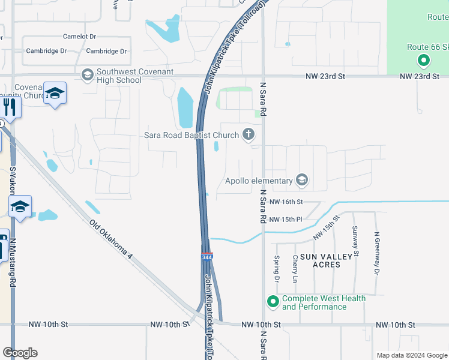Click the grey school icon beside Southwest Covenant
pyautogui.click(x=88, y=74)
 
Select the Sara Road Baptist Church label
pyautogui.click(x=191, y=135)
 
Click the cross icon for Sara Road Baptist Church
pyautogui.click(x=249, y=135)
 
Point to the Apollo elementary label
pyautogui.click(x=259, y=180)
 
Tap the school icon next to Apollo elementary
pyautogui.click(x=302, y=180)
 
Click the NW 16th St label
pyautogui.click(x=286, y=202)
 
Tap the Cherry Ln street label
pyautogui.click(x=295, y=269)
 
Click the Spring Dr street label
pyautogui.click(x=277, y=269)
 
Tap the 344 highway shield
pyautogui.click(x=206, y=257)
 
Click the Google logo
pyautogui.click(x=20, y=353)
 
